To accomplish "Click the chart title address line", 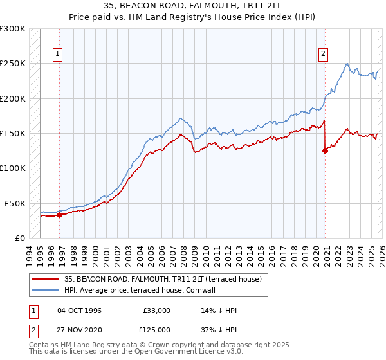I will pyautogui.click(x=192, y=6).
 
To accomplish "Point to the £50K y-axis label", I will pyautogui.click(x=15, y=203).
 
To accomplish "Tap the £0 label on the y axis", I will pyautogui.click(x=20, y=238).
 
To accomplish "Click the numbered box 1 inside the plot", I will pyautogui.click(x=59, y=55).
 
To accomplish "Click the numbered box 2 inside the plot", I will pyautogui.click(x=323, y=55).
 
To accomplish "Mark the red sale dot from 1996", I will pyautogui.click(x=59, y=215).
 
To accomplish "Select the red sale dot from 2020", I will pyautogui.click(x=325, y=151).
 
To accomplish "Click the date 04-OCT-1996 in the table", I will pyautogui.click(x=79, y=310).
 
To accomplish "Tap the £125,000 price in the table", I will pyautogui.click(x=157, y=330).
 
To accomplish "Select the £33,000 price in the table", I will pyautogui.click(x=157, y=310).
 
